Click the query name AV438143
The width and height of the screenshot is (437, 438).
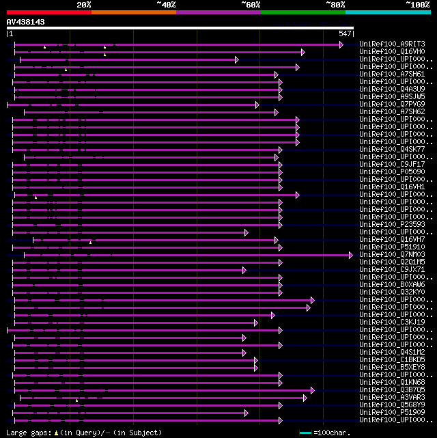[25, 22]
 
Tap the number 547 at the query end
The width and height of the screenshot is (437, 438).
[345, 33]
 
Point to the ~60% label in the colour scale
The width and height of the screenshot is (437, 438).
[251, 5]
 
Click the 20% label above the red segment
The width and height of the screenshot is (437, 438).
[84, 5]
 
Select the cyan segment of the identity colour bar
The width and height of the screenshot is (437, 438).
[387, 12]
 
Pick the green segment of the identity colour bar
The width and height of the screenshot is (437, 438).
[302, 12]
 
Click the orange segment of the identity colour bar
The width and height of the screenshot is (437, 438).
[133, 12]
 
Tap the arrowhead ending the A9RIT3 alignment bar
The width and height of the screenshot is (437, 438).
[341, 44]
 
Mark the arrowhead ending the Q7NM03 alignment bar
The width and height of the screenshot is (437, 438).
[351, 255]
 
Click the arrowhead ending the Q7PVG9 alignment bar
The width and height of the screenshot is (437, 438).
[257, 105]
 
